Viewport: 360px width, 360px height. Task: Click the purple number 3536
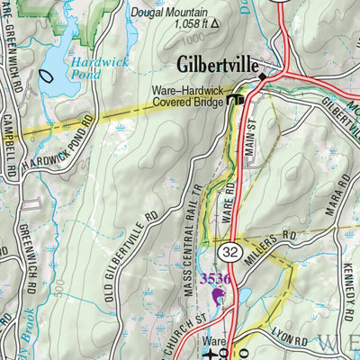215,279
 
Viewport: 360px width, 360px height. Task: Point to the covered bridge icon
237,100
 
